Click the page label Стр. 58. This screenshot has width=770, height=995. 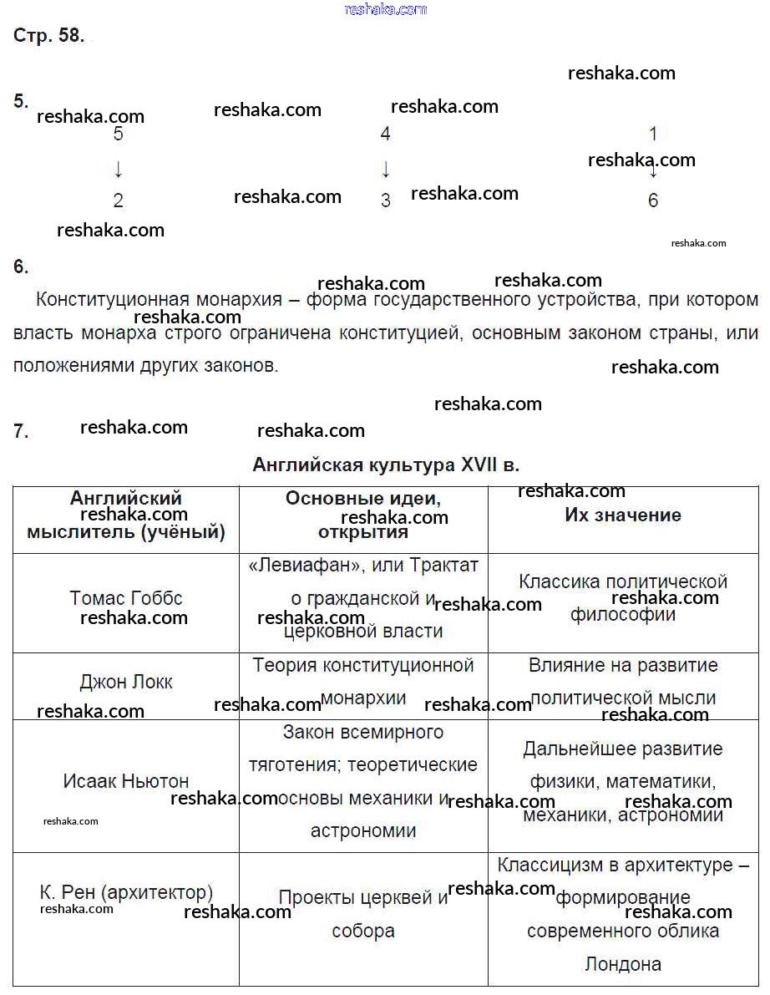point(48,36)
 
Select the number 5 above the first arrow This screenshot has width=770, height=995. point(118,135)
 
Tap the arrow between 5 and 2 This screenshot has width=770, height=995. point(118,170)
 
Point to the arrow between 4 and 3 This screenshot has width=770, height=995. point(385,170)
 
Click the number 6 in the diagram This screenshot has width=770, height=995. point(653,201)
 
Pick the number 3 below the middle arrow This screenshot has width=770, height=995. point(385,201)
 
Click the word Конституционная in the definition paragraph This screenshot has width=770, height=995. point(110,299)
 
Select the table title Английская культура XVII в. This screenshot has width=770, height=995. point(386,465)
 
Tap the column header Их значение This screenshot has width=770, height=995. point(622,515)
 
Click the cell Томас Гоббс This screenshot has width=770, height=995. point(126,598)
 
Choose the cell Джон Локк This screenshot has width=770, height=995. point(126,682)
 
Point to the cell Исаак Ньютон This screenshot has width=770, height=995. point(126,782)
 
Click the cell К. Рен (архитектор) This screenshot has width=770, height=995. point(126,892)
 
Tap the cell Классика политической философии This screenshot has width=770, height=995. point(623,597)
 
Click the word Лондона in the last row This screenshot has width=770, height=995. point(623,964)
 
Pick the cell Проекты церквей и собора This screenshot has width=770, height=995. point(363,914)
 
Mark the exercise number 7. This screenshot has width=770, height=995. point(21,432)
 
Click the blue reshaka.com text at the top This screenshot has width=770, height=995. point(385,9)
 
